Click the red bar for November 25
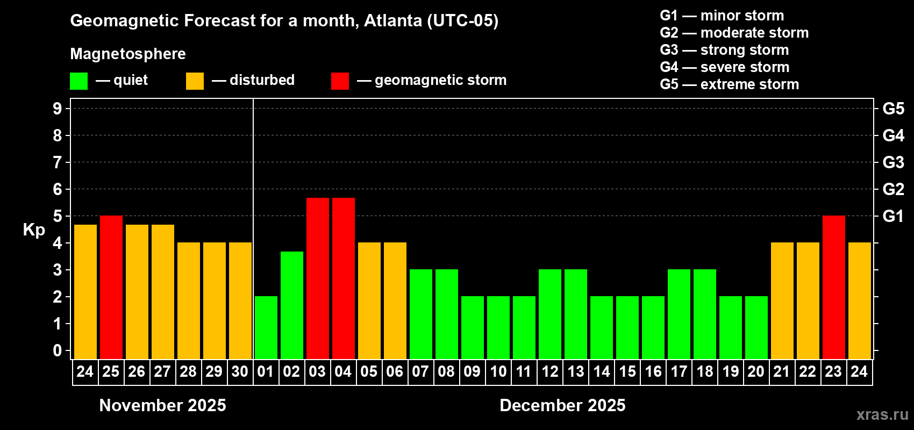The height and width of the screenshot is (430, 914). [x=111, y=287]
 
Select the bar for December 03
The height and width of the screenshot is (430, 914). [x=317, y=278]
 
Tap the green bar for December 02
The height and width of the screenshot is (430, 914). [x=291, y=305]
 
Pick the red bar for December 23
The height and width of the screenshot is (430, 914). [x=833, y=287]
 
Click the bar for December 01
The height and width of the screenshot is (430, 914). [x=266, y=327]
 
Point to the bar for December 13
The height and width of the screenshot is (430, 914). [x=575, y=314]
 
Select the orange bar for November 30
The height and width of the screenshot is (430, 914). [x=240, y=300]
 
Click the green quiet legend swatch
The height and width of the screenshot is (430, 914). [x=78, y=81]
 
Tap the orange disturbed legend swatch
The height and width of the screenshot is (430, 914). [x=195, y=81]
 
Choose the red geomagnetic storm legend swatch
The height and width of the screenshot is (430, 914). [x=340, y=81]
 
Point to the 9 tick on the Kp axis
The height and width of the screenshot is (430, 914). [x=58, y=109]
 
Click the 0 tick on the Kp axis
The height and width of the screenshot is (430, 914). [x=58, y=351]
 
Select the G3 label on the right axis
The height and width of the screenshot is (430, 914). [x=893, y=162]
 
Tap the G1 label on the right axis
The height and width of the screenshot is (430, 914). [x=893, y=216]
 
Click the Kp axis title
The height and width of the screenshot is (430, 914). [x=34, y=230]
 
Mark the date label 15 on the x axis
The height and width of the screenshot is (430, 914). [x=627, y=371]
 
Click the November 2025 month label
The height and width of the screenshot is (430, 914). [x=162, y=405]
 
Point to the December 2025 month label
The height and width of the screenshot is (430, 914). [x=562, y=405]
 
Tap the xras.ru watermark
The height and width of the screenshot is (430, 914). [x=882, y=414]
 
